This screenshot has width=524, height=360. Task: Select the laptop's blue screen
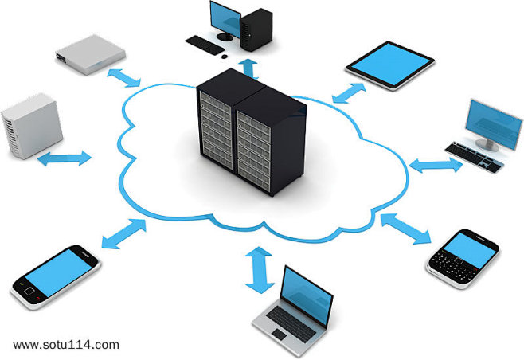pos(304,292)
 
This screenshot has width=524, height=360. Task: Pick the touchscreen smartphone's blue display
pos(56,271)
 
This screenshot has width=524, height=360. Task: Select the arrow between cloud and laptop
pos(257,269)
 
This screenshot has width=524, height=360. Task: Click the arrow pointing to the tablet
pos(346,90)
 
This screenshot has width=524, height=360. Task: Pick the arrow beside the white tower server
pos(64,157)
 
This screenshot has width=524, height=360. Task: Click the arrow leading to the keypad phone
pos(406,230)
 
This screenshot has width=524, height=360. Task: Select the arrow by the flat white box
pos(123,77)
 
